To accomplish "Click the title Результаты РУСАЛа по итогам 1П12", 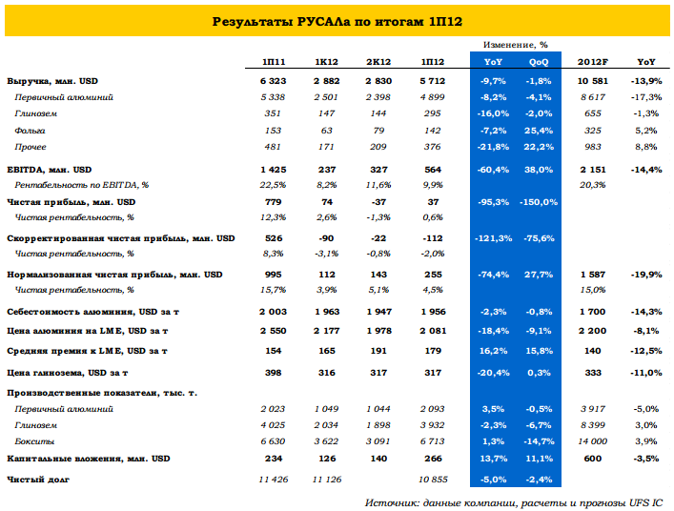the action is (337, 22).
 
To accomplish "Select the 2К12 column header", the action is (378, 62).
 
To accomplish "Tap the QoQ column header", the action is (539, 62).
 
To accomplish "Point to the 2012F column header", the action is (593, 62).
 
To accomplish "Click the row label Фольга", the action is (30, 131).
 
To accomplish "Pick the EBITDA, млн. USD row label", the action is (49, 170).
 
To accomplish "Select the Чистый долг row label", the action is (38, 480).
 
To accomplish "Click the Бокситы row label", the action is (34, 441).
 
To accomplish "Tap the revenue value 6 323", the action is (273, 81).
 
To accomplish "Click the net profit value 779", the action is (274, 202).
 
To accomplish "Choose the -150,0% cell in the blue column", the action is (539, 202).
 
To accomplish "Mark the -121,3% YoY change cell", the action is (493, 238).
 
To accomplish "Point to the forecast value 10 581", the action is (593, 81).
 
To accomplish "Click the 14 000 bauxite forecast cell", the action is (593, 441).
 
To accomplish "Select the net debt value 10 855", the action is (433, 480).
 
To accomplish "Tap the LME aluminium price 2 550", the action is (273, 331).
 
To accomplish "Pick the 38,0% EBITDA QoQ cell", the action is (539, 170).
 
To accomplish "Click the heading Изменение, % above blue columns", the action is (516, 45).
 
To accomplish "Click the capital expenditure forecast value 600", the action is (593, 459).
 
